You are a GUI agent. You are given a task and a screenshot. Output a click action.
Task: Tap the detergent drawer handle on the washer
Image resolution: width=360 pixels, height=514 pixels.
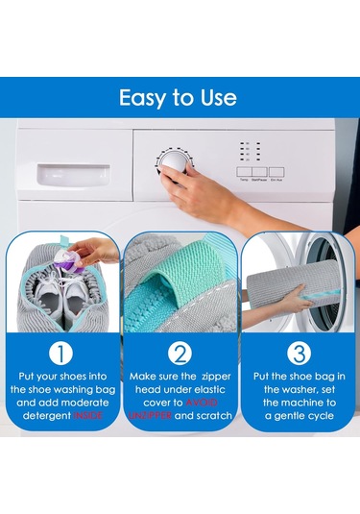coord(73,177)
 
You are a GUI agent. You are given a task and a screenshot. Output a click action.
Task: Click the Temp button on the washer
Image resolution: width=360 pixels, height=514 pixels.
coord(244,172)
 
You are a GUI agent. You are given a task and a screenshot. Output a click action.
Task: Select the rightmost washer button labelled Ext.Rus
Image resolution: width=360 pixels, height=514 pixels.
coord(276,172)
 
